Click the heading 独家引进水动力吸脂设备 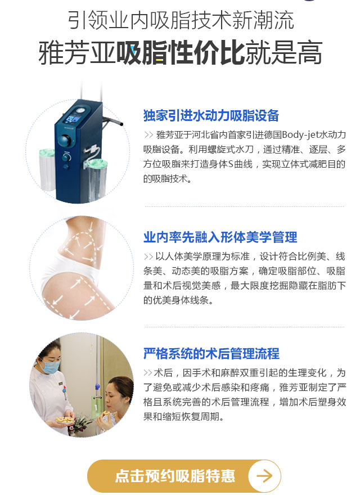point(211,115)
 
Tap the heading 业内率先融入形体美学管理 point(220,237)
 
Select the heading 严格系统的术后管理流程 point(211,354)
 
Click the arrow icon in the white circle point(264,475)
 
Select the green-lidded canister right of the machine point(97,179)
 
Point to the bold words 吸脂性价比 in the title point(181,53)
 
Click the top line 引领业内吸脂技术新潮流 point(181,20)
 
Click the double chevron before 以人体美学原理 point(148,256)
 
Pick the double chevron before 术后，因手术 point(148,373)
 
